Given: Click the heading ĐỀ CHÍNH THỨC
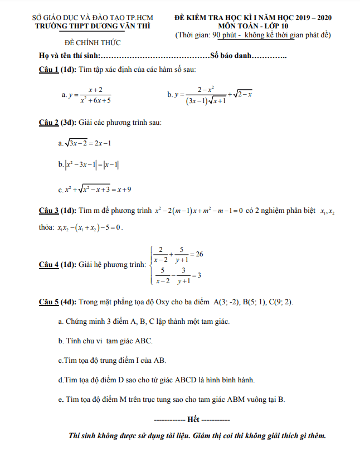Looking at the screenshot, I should pos(92,43).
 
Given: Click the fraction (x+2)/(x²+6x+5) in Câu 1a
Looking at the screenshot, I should pos(95,95).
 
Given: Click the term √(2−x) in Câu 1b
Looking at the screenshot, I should pos(242,95).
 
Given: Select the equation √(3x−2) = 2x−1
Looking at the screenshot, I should pos(88,143).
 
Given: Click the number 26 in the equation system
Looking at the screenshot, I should pos(198,254).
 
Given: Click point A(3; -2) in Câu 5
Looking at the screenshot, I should pos(227,303).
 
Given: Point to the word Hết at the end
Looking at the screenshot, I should pos(193,418).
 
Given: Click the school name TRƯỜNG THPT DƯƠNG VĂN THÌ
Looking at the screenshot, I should pos(93,26).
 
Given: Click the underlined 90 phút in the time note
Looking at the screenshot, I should pos(225,35).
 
